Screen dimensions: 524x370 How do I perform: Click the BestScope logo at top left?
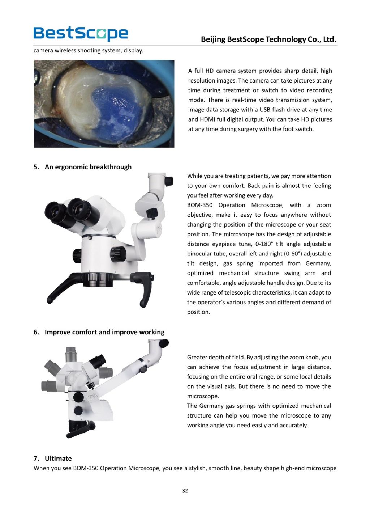tap(81, 33)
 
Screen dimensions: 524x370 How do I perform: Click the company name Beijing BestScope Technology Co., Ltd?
tap(268, 39)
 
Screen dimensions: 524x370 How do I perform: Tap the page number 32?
tap(185, 490)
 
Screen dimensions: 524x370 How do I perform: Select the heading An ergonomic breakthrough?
tap(88, 167)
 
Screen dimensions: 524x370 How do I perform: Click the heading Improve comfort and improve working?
tap(104, 332)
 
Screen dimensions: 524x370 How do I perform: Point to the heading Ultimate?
tap(58, 458)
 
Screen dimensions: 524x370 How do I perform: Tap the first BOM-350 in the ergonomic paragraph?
tap(200, 205)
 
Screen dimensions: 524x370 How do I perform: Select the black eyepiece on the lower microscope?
tap(97, 362)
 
